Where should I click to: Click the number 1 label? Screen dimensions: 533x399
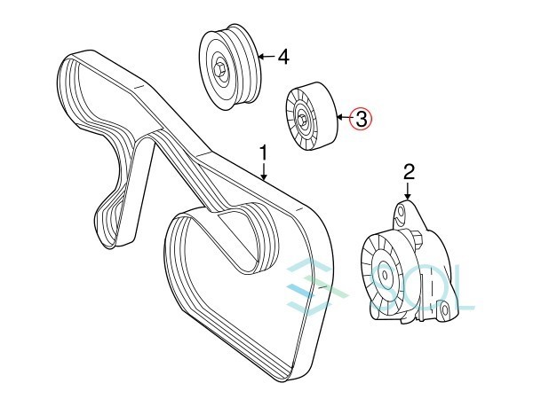click(x=263, y=153)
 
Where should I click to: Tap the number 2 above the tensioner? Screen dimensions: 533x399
click(x=409, y=170)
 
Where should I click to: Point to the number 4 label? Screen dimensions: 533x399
click(x=283, y=58)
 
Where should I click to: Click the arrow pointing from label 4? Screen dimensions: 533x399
click(x=266, y=59)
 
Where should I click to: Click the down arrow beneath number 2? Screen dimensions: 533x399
click(x=409, y=190)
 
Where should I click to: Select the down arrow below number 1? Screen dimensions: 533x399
click(x=264, y=173)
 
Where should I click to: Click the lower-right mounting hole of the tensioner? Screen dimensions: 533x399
click(x=442, y=312)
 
